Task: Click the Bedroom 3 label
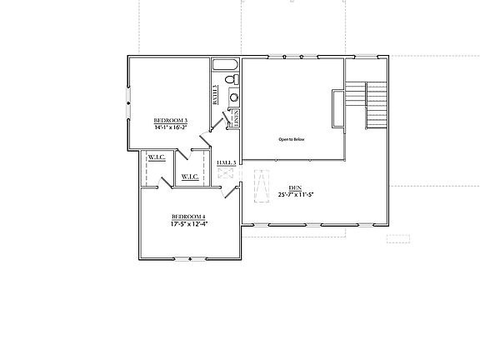click(x=171, y=122)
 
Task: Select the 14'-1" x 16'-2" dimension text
click(x=171, y=128)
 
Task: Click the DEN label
click(x=295, y=187)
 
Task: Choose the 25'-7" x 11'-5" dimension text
click(x=295, y=194)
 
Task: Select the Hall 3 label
click(x=227, y=162)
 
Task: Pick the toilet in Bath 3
click(x=234, y=79)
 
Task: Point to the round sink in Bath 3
click(x=234, y=97)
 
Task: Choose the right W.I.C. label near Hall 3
click(x=189, y=177)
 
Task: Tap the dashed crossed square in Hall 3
click(x=226, y=173)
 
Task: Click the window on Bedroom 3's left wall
click(x=127, y=103)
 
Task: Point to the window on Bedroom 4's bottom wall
click(x=191, y=258)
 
